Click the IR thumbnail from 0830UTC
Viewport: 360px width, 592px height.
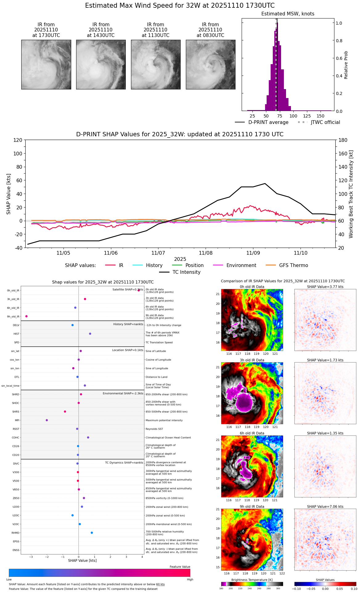tap(211, 64)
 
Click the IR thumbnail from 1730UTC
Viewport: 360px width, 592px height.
tap(46, 64)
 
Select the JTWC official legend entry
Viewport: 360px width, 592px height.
tap(325, 122)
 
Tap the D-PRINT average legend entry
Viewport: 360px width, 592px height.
tap(268, 122)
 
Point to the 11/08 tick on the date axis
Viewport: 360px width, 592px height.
tap(206, 253)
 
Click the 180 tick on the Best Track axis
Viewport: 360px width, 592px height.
tap(343, 140)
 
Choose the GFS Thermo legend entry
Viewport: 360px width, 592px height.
tap(293, 265)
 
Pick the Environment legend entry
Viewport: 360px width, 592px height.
tap(241, 265)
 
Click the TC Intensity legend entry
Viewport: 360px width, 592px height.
tap(186, 272)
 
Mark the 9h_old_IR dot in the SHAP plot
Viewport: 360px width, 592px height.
tap(27, 316)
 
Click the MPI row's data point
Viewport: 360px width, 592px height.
tap(47, 420)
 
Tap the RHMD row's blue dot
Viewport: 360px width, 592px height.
tap(92, 533)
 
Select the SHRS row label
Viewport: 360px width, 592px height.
tap(16, 412)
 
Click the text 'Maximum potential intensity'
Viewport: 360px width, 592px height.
tap(164, 421)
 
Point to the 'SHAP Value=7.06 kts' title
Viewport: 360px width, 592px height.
tap(325, 507)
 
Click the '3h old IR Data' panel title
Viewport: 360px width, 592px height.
tap(252, 360)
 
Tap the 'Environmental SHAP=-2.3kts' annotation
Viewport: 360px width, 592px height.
tap(123, 393)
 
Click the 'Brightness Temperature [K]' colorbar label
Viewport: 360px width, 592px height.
tap(252, 580)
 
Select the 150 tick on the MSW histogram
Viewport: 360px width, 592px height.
tap(321, 116)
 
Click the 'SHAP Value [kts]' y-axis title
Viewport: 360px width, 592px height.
tap(9, 194)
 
